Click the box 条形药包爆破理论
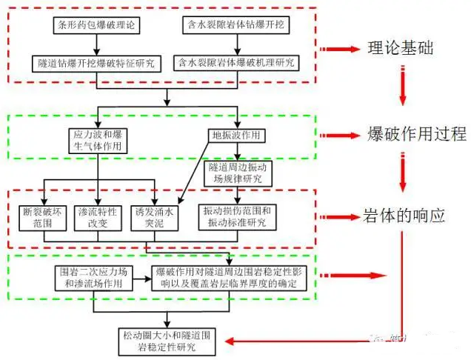(x=96, y=26)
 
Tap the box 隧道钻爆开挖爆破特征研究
(x=96, y=62)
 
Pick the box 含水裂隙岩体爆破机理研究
(x=235, y=62)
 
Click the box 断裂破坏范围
(x=45, y=217)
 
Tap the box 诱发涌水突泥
(x=153, y=217)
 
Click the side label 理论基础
(x=401, y=49)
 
